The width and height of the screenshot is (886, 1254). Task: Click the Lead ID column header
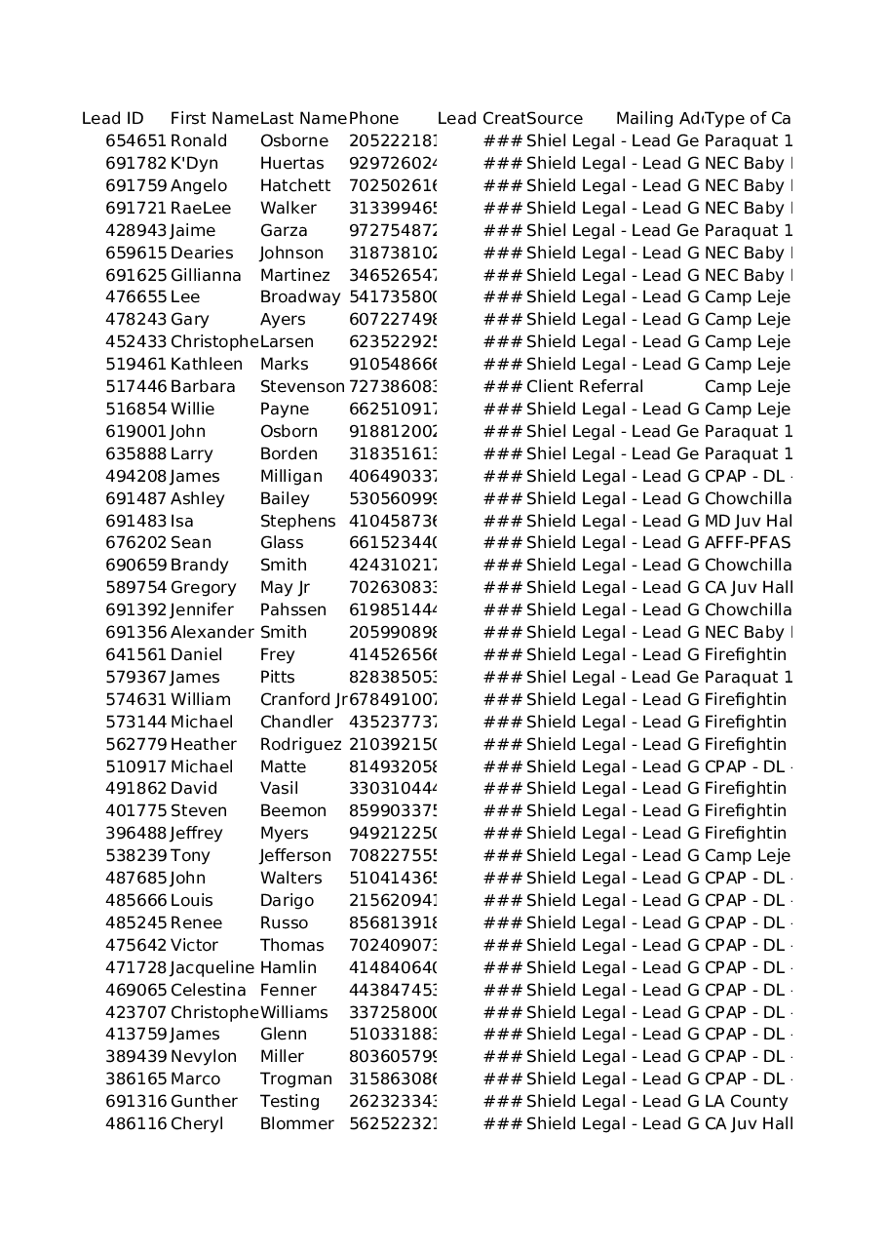pyautogui.click(x=112, y=119)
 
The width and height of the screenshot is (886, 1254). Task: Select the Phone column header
pyautogui.click(x=373, y=119)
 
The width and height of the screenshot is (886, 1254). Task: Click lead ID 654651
pyautogui.click(x=135, y=141)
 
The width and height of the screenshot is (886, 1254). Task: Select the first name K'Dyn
pyautogui.click(x=194, y=164)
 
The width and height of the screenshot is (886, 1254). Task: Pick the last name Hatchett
pyautogui.click(x=294, y=186)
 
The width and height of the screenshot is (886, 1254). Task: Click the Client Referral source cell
pyautogui.click(x=584, y=387)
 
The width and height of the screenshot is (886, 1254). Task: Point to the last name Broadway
pyautogui.click(x=299, y=297)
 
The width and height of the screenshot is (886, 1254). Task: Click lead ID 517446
pyautogui.click(x=135, y=387)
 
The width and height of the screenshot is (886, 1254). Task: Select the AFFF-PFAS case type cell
pyautogui.click(x=747, y=543)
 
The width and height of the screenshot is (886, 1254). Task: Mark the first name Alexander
pyautogui.click(x=211, y=633)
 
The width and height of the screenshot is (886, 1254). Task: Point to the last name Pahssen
pyautogui.click(x=292, y=610)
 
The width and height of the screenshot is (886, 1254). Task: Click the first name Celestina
pyautogui.click(x=208, y=991)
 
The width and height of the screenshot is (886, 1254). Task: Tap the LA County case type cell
pyautogui.click(x=746, y=1102)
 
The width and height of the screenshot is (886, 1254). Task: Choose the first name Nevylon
pyautogui.click(x=203, y=1057)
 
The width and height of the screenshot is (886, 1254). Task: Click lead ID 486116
pyautogui.click(x=135, y=1124)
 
